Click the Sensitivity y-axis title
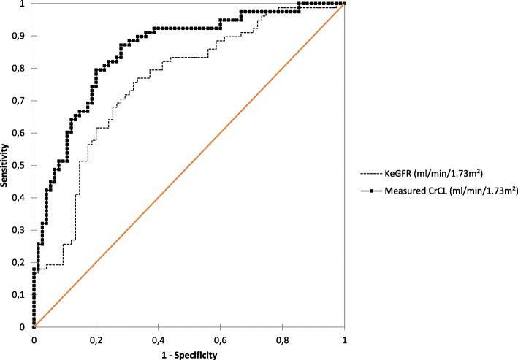pos(6,166)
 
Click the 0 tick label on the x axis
pos(34,339)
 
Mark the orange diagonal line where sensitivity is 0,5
pos(189,166)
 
